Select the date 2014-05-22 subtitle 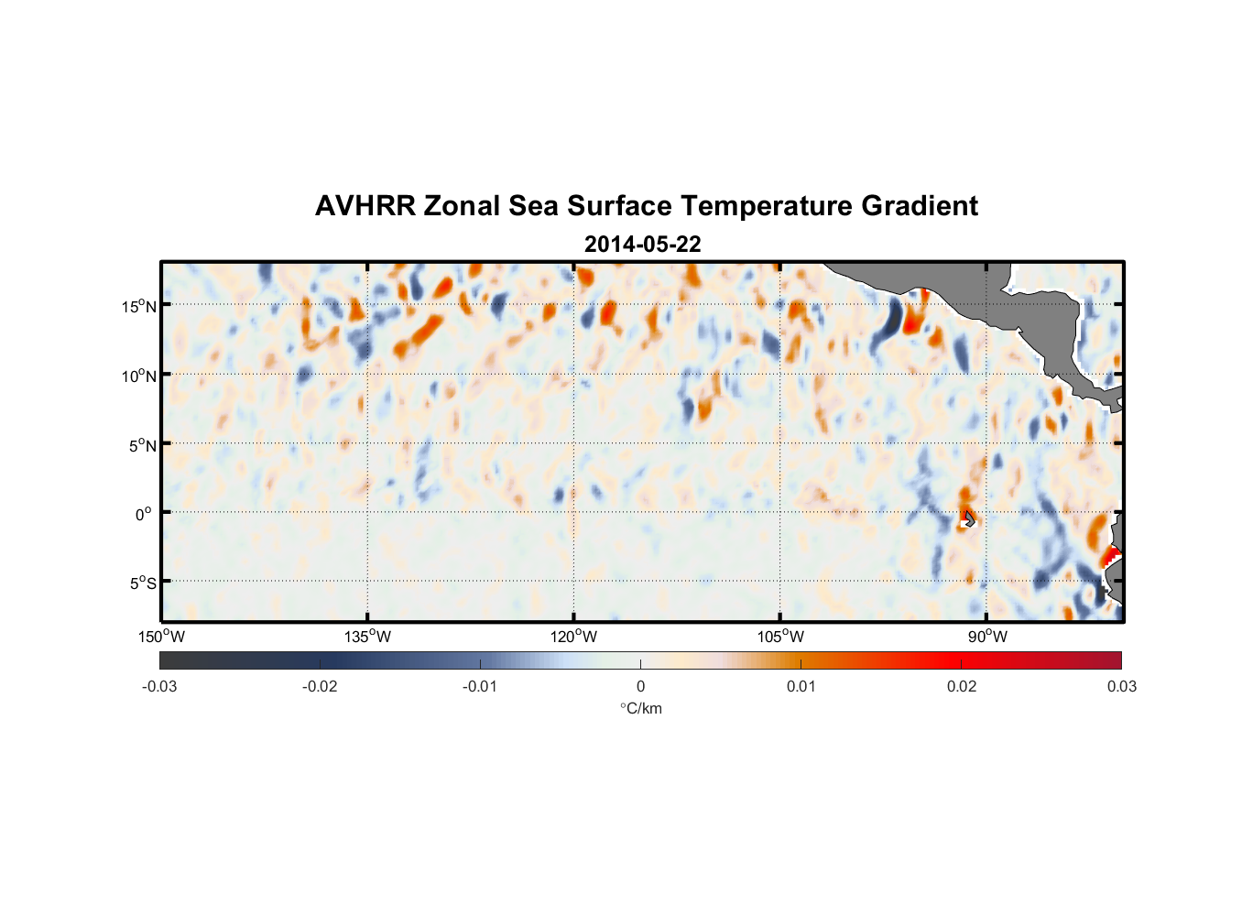coord(642,245)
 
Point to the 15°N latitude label coord(139,306)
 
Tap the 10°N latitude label coord(139,376)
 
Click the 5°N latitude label coord(142,445)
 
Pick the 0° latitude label coord(144,514)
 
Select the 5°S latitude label coord(142,583)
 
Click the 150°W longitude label coord(161,637)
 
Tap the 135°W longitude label coord(368,637)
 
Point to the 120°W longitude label coord(574,637)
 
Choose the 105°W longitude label coord(780,637)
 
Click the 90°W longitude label coord(987,637)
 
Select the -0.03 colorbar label coord(159,686)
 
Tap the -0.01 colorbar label coord(480,686)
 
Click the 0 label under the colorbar coord(640,686)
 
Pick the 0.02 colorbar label coord(962,686)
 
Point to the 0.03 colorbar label coord(1121,686)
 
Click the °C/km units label coord(640,708)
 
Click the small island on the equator coord(969,519)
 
